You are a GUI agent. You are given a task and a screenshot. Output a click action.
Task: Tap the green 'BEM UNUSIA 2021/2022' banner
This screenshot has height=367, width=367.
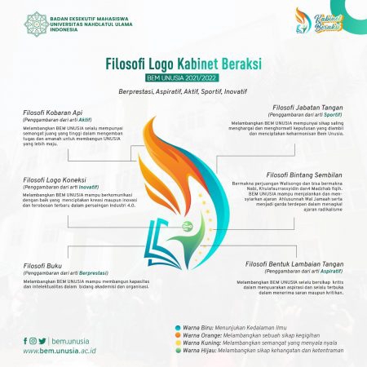tap(183, 77)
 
